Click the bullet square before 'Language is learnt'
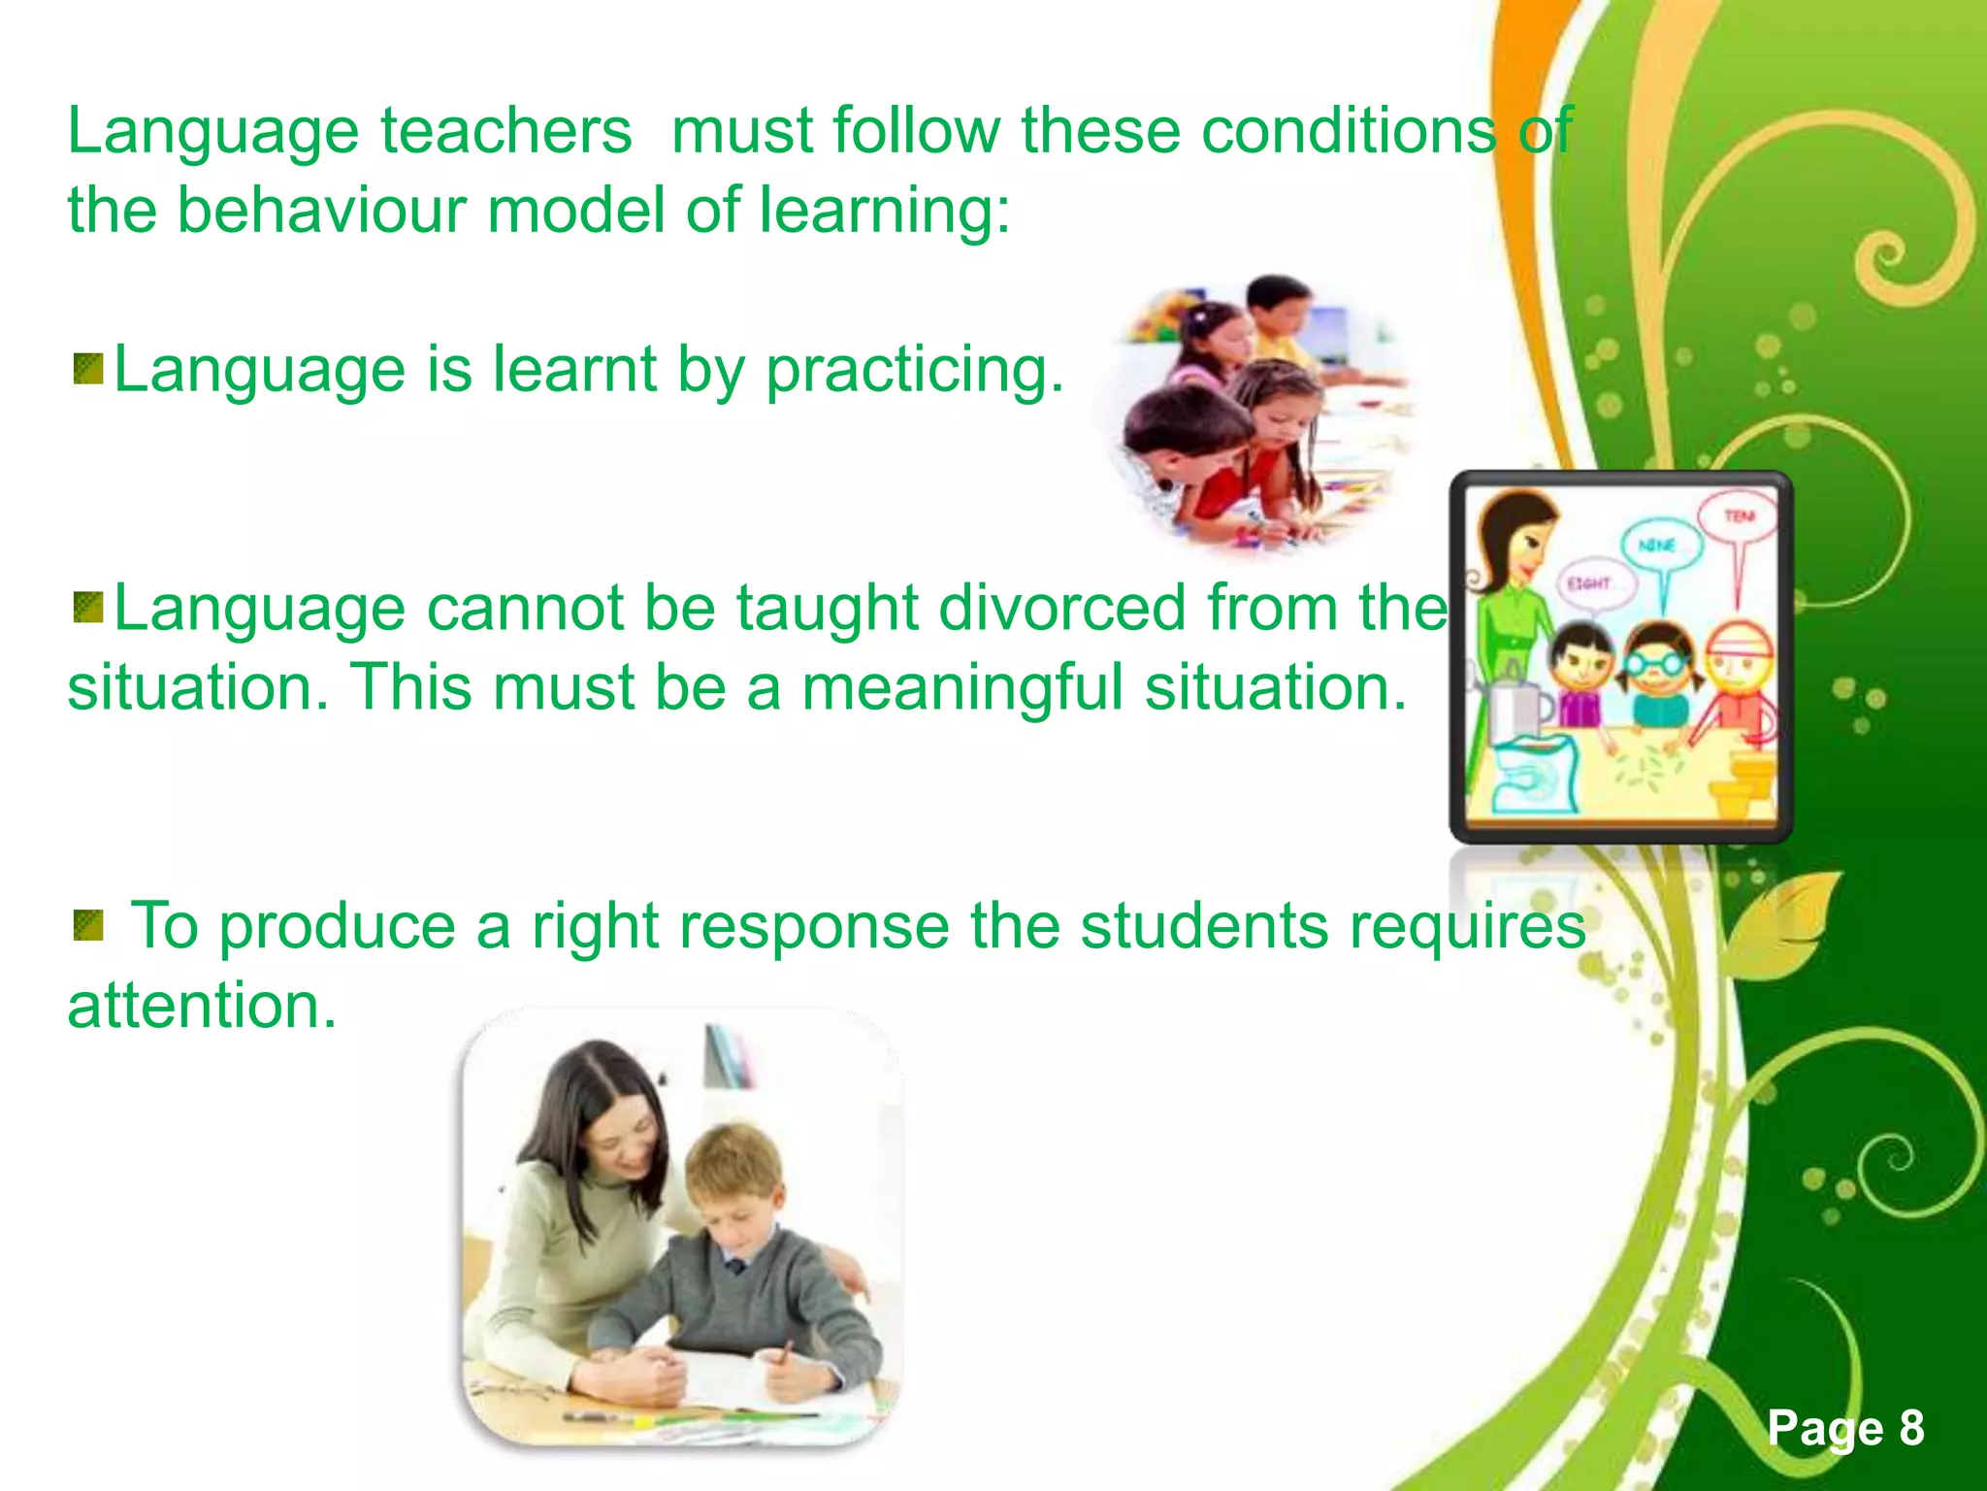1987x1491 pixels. coord(88,370)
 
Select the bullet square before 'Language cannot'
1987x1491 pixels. coord(88,609)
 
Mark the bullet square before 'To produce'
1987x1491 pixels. coord(88,926)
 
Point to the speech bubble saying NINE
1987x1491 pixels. coord(1660,546)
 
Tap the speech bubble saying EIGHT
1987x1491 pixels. coord(1591,584)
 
